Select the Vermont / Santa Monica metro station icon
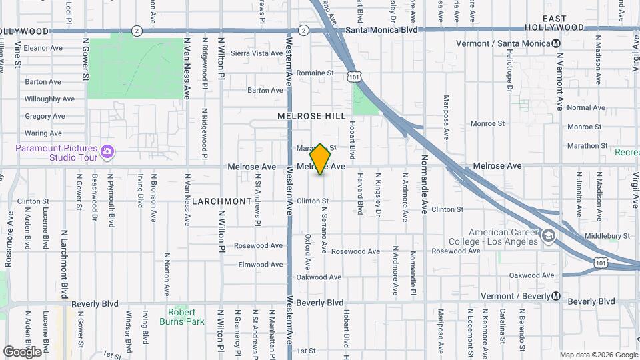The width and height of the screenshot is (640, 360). click(x=555, y=43)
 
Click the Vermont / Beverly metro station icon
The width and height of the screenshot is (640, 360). click(x=555, y=296)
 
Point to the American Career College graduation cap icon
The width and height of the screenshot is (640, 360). click(x=548, y=235)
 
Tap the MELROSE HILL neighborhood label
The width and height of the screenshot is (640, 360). click(x=312, y=116)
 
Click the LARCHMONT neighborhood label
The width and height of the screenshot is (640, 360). click(x=223, y=201)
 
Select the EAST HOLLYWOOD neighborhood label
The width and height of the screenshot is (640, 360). click(x=555, y=23)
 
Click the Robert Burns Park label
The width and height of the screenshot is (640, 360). click(x=182, y=317)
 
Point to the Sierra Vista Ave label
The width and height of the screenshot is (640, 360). click(x=257, y=53)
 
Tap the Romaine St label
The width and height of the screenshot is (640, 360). click(x=315, y=73)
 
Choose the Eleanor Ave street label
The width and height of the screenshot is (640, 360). click(x=43, y=48)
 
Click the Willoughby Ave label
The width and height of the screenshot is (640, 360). click(x=49, y=99)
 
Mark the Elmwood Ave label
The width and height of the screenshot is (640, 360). click(x=261, y=265)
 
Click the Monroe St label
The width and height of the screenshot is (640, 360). click(x=487, y=123)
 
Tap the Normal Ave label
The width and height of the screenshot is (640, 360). click(x=586, y=107)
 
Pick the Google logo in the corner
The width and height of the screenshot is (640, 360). click(x=22, y=351)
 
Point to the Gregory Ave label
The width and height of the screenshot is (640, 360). click(x=45, y=116)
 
